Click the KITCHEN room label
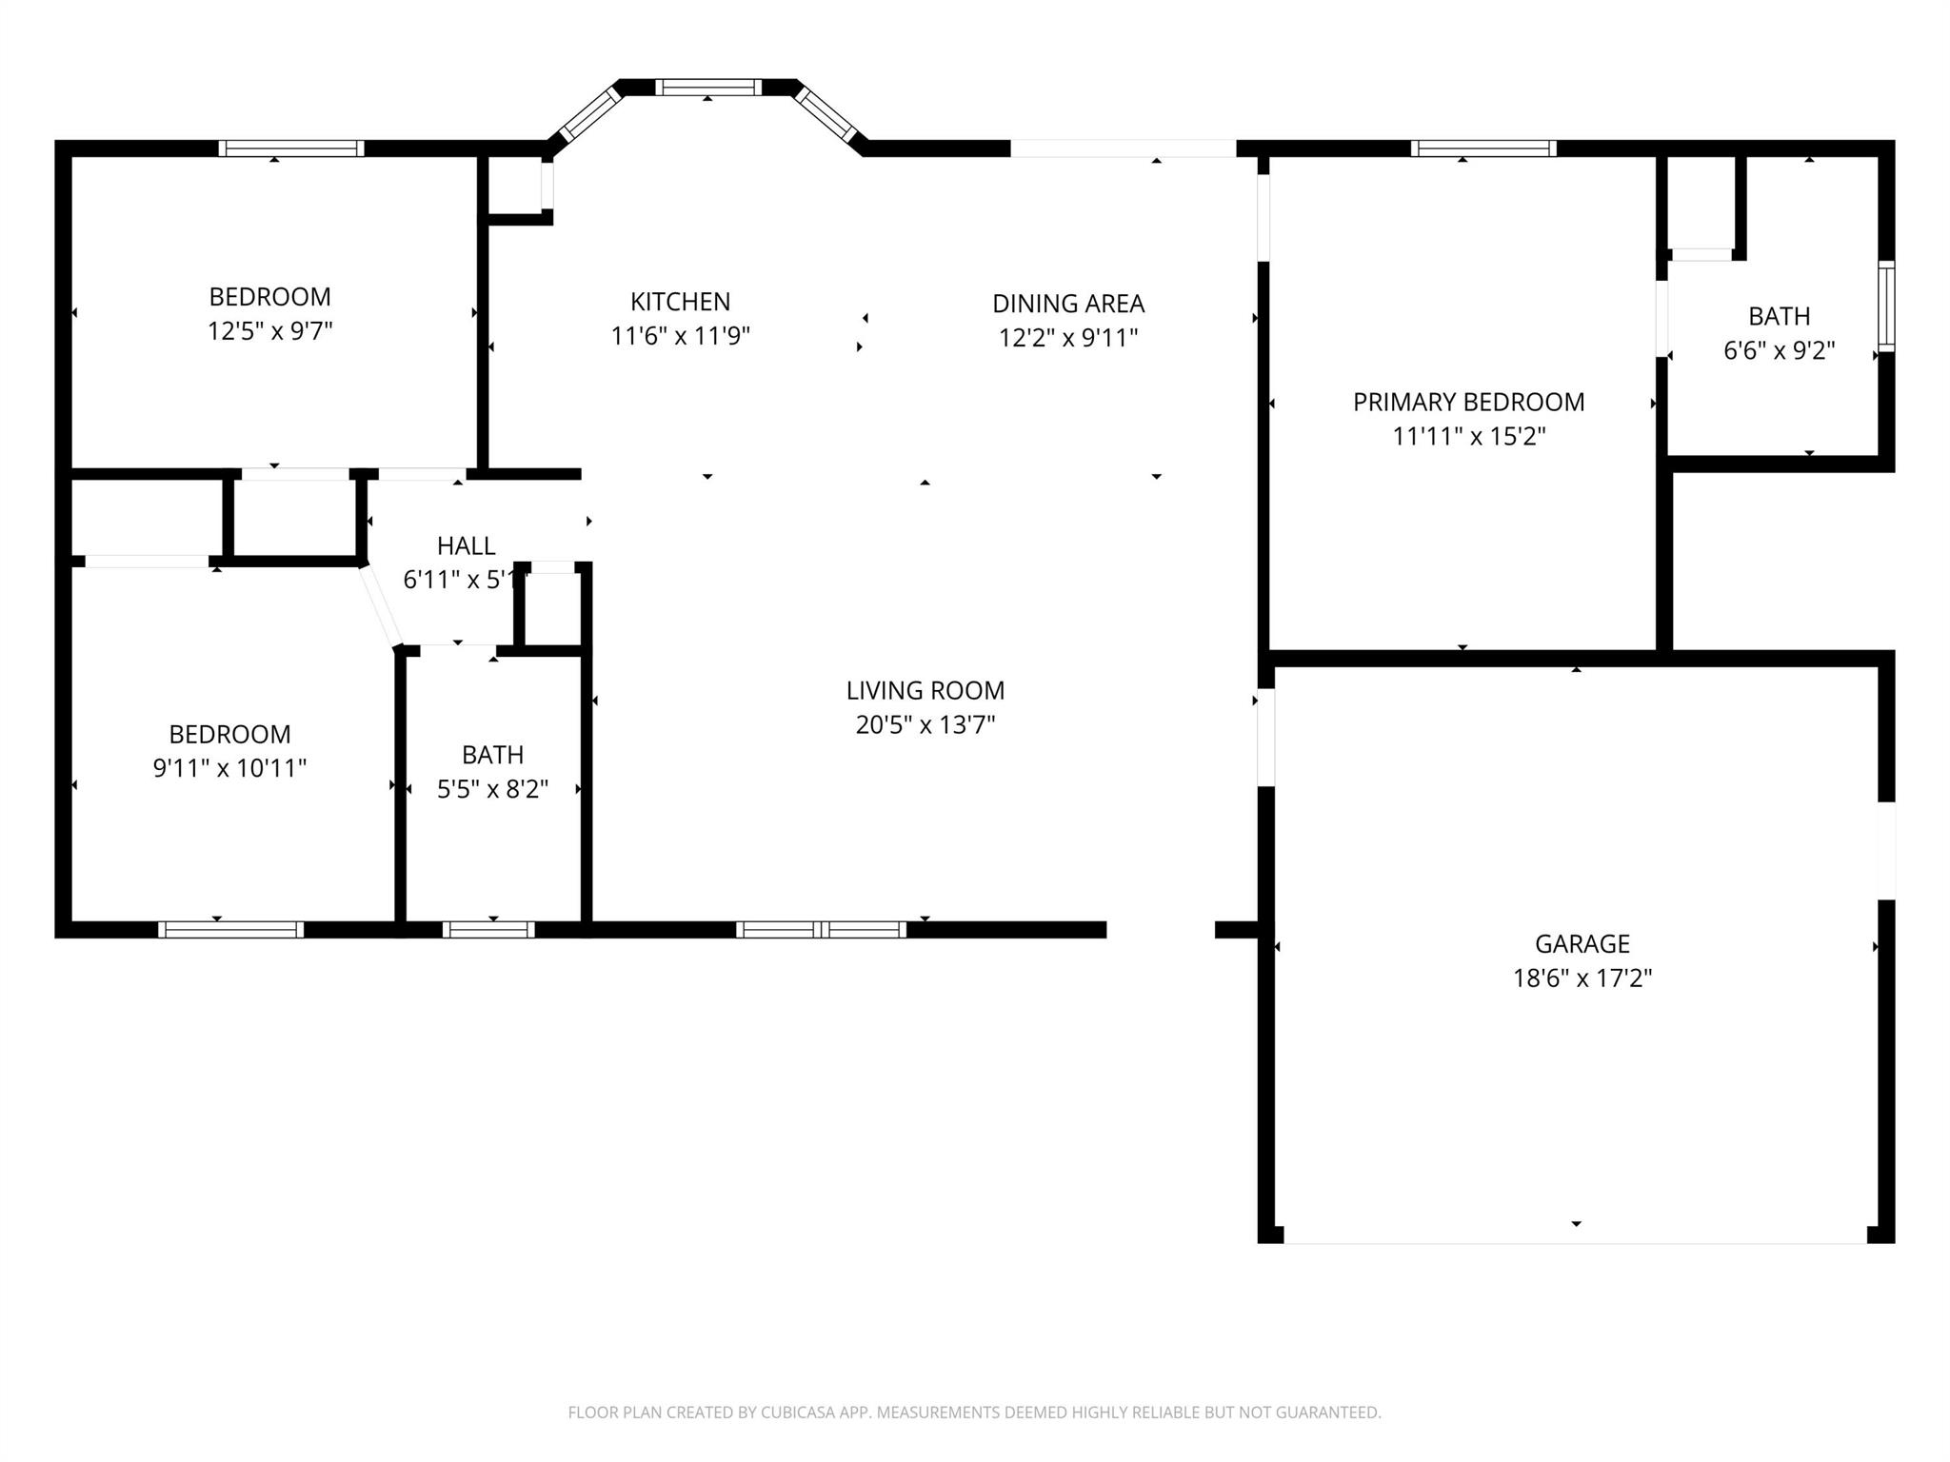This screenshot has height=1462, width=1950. pos(680,302)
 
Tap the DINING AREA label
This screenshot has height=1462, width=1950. pos(1067,304)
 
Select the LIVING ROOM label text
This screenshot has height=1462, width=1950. pos(925,690)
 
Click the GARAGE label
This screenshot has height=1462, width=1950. pos(1582,943)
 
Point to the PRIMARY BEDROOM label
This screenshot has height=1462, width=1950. pos(1468,402)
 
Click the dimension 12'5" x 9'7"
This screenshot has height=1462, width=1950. pos(270,331)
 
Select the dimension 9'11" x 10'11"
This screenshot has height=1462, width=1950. pos(229,768)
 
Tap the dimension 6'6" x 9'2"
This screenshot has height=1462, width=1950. pos(1779,350)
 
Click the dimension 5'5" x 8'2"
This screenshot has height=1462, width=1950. pos(492,789)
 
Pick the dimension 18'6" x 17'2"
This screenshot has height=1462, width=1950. pos(1582,978)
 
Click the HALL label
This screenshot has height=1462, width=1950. pos(466,545)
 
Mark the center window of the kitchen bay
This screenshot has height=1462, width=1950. pos(708,88)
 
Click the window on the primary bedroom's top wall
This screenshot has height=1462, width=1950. pos(1483,148)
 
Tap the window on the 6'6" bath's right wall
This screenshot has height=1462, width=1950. pos(1885,306)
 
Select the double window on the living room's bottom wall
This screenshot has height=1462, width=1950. pos(821,929)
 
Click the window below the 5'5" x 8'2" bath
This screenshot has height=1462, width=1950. pos(488,929)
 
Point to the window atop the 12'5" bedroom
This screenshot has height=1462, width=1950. pos(291,148)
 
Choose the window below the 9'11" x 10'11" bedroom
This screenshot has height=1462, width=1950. pos(230,929)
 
